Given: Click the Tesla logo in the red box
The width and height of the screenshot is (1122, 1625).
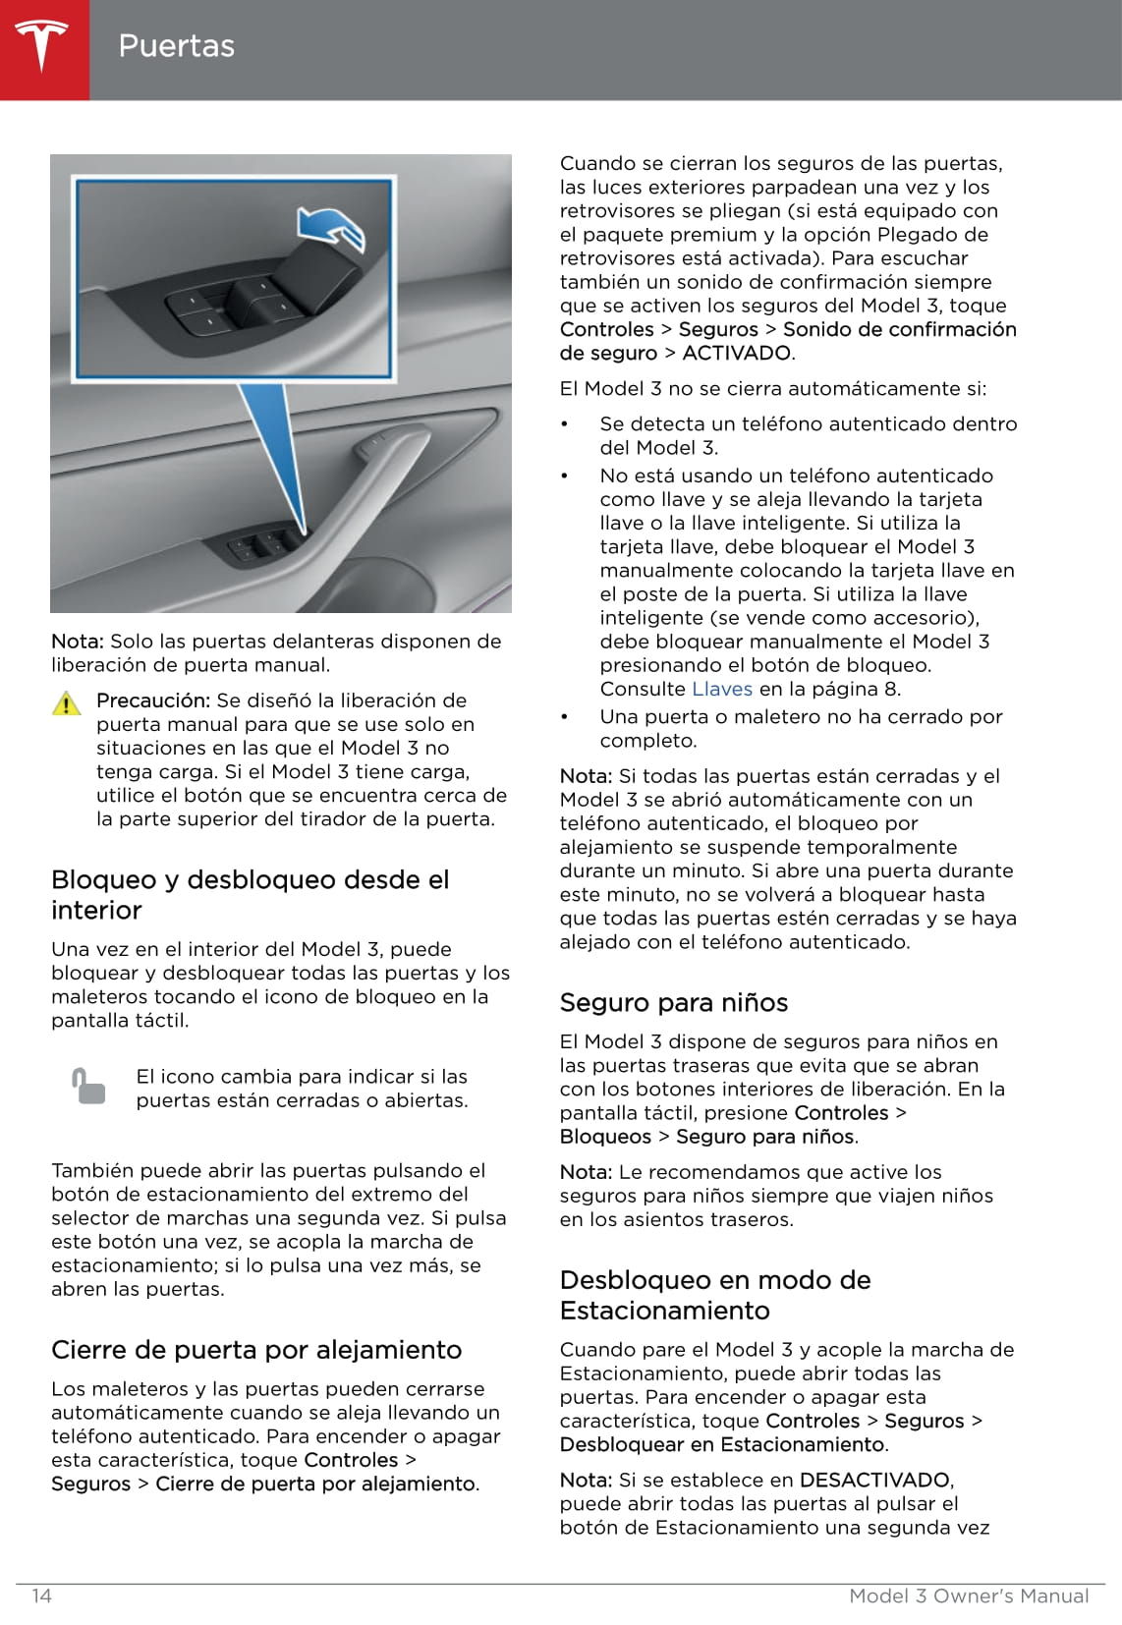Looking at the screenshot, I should pos(41,45).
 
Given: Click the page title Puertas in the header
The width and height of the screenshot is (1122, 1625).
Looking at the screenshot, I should pos(176,46).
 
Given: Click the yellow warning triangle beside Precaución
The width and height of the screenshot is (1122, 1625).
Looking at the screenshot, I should pos(66,703).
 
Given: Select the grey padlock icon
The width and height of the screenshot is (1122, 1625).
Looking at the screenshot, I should pos(88,1086).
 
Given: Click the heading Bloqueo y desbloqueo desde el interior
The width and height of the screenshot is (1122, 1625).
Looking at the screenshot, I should pos(250,894).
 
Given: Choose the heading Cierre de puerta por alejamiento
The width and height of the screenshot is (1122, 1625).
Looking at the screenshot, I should pos(256,1349).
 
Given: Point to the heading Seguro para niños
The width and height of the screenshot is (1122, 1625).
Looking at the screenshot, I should pos(674,1002).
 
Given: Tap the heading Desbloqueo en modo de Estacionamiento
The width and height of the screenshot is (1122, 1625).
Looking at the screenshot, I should pos(715,1294).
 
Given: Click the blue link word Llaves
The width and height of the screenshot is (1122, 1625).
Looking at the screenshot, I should pos(722,689).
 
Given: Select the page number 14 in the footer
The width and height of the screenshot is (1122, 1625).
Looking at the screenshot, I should pos(41,1596).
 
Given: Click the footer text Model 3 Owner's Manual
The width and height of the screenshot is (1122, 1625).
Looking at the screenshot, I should pos(969,1596).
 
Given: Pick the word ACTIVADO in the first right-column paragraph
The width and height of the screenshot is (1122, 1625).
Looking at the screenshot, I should pos(737,353).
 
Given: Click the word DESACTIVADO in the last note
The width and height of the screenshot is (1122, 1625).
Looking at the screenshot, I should pos(874,1480).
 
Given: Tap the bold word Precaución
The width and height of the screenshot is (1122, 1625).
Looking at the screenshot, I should pos(153,700).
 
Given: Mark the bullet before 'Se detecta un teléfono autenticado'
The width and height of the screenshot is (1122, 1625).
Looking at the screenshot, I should pos(565,424).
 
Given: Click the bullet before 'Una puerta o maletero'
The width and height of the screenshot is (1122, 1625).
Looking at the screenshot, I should pos(565,717).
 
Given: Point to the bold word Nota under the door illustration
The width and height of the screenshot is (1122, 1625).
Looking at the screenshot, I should pos(77,642).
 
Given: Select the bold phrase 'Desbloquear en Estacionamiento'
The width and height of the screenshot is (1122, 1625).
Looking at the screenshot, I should pos(722,1444).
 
